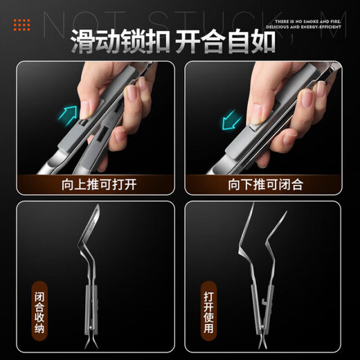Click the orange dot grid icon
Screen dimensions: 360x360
[22, 25]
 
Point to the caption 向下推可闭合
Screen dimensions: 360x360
[264, 184]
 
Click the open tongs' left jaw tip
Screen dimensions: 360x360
[251, 208]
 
